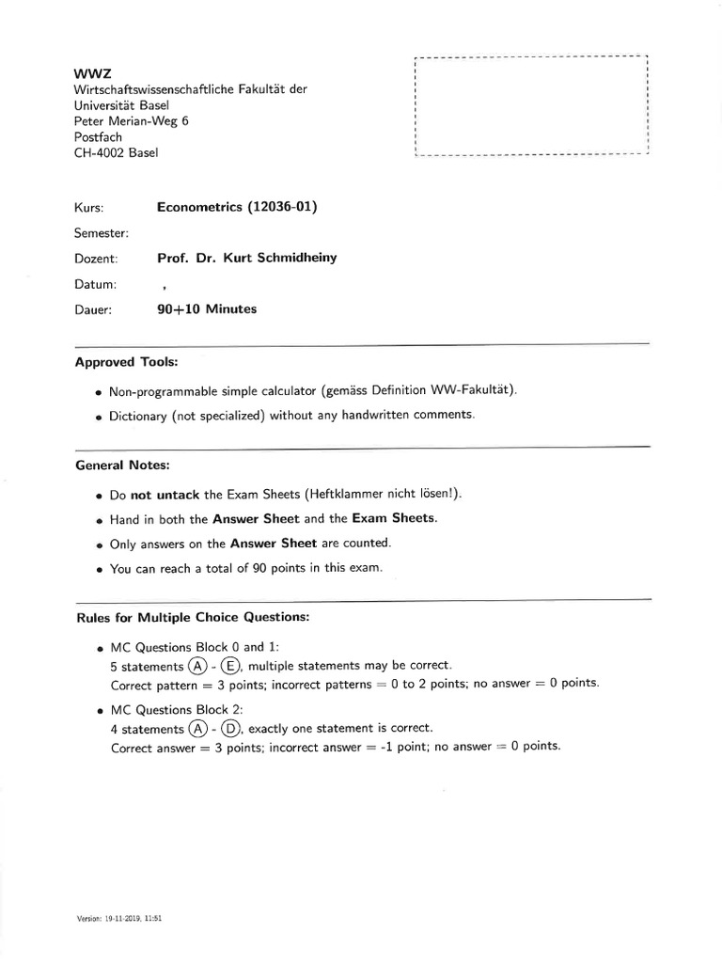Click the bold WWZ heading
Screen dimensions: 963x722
[x=87, y=72]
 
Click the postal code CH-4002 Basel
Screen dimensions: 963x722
[x=116, y=152]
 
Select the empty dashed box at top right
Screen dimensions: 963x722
[x=531, y=104]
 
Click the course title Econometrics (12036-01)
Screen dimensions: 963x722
[x=237, y=207]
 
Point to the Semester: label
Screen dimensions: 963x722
[x=101, y=232]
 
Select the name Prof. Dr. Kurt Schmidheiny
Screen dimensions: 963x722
[x=253, y=258]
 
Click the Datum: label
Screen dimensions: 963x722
[x=95, y=284]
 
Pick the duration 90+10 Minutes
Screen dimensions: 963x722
[x=207, y=309]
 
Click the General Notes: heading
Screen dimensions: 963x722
[x=122, y=465]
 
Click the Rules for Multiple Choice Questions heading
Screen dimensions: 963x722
[x=192, y=618]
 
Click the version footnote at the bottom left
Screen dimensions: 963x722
[x=120, y=916]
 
